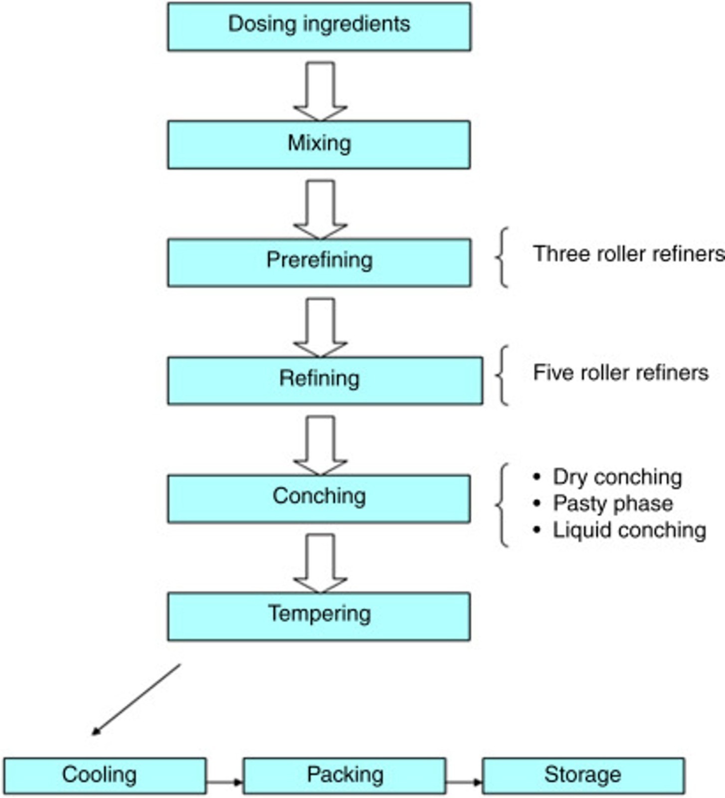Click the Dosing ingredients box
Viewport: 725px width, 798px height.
pos(319,26)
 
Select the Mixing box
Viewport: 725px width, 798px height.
pos(319,145)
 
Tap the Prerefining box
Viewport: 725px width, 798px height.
pos(319,262)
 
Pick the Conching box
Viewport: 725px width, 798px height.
pos(319,499)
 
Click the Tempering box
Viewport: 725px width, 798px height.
pos(319,616)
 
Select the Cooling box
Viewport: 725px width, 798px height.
pos(105,776)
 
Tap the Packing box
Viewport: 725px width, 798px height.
pos(345,776)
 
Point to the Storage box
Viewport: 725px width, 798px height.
pos(583,776)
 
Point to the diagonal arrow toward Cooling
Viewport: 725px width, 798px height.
pos(136,699)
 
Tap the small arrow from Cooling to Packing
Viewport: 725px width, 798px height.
pos(224,782)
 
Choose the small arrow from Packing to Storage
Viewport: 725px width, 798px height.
pos(464,782)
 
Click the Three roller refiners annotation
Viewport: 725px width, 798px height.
pos(628,254)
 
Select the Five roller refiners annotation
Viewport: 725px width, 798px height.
pos(621,373)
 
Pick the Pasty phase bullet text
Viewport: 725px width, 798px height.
pos(613,503)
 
